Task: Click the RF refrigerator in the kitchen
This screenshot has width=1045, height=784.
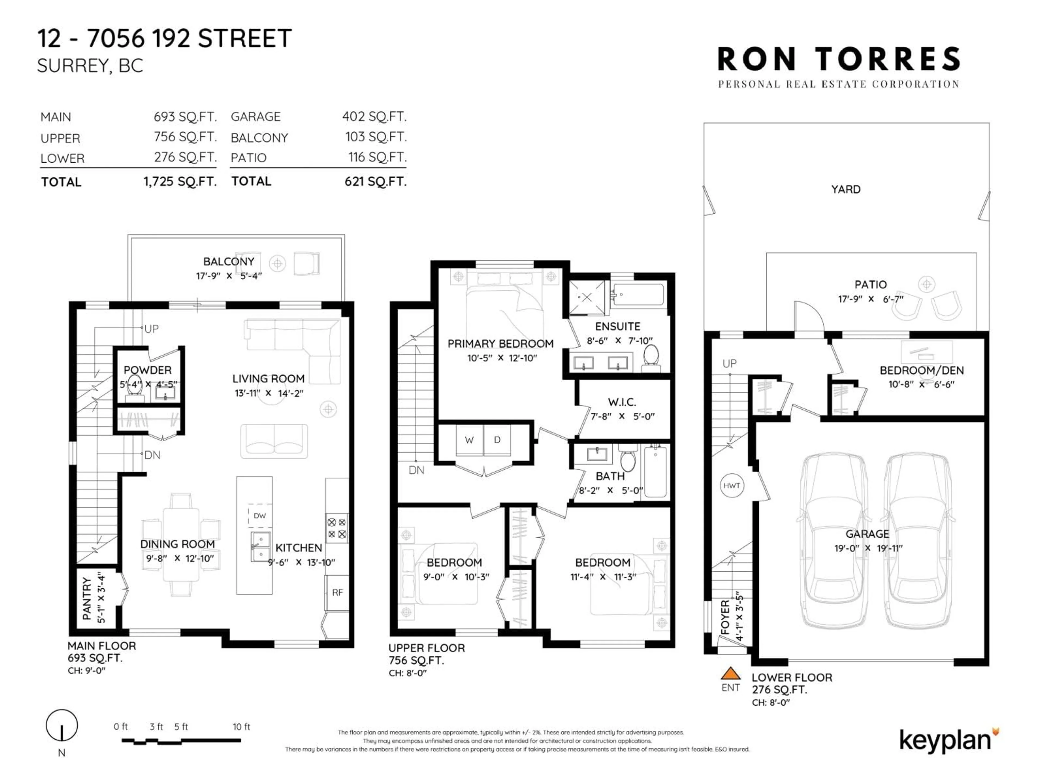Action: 337,593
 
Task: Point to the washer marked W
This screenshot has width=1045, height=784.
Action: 469,440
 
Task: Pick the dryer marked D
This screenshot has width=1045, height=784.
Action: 497,440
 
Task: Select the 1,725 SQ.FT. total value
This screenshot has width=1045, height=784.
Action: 180,182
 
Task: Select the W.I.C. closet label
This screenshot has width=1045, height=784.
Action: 622,402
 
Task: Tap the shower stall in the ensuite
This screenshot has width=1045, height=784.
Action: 586,298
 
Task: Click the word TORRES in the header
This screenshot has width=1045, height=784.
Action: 888,60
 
